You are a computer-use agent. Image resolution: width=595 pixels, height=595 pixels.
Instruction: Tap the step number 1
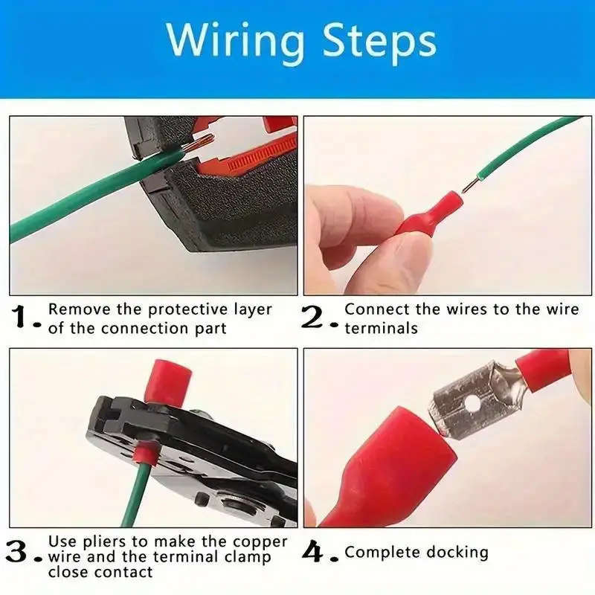pyautogui.click(x=22, y=318)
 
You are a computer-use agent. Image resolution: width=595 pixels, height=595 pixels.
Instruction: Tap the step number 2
pyautogui.click(x=316, y=318)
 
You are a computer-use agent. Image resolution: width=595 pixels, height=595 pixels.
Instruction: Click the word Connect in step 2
pyautogui.click(x=376, y=309)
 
